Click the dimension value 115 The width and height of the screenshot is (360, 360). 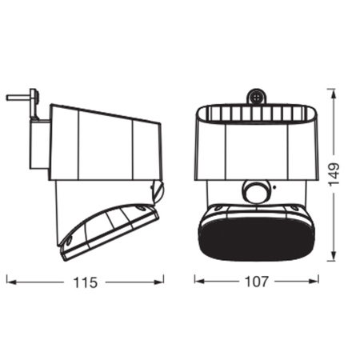tap(85, 282)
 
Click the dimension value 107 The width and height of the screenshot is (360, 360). tap(256, 282)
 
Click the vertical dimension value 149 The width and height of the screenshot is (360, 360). tap(334, 174)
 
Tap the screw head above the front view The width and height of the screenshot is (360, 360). tap(256, 97)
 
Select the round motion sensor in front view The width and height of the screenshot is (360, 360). tap(255, 192)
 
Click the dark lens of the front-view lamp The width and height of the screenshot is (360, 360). tap(256, 238)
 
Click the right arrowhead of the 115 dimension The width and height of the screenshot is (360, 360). tap(158, 282)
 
